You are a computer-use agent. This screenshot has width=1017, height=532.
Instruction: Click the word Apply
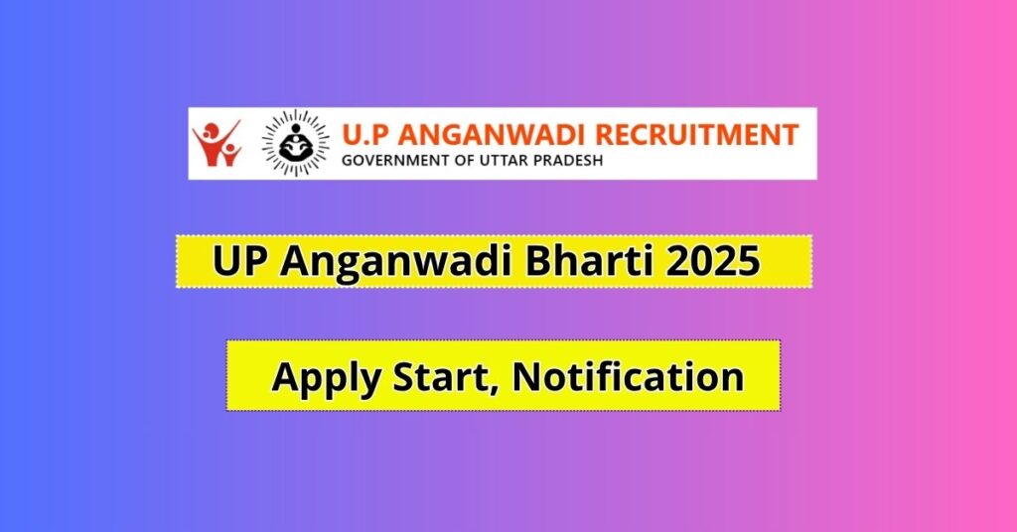click(x=319, y=378)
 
